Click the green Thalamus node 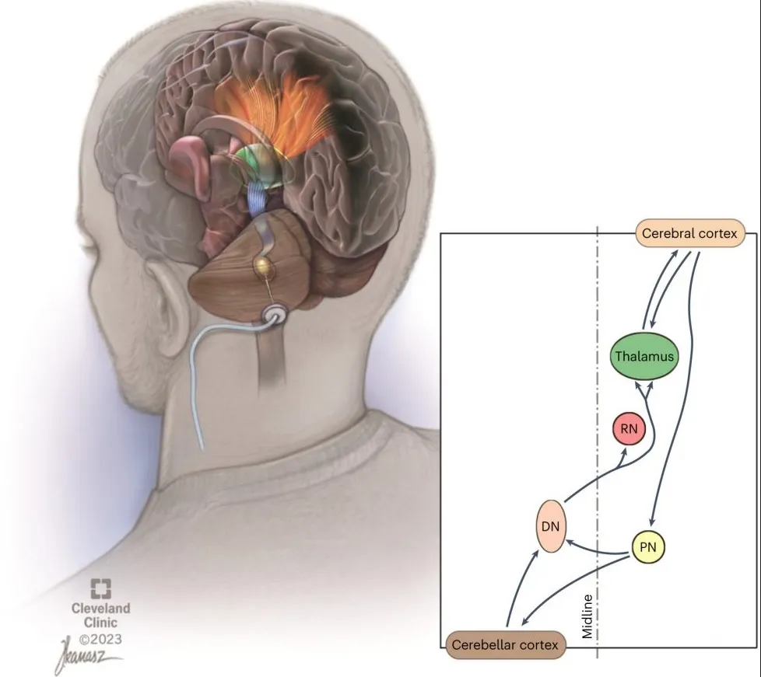(642, 356)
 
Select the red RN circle (629, 429)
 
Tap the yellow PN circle (648, 547)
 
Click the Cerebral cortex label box (689, 233)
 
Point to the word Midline (588, 616)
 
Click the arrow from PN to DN (598, 548)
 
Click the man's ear (173, 311)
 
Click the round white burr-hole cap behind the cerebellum (276, 316)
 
